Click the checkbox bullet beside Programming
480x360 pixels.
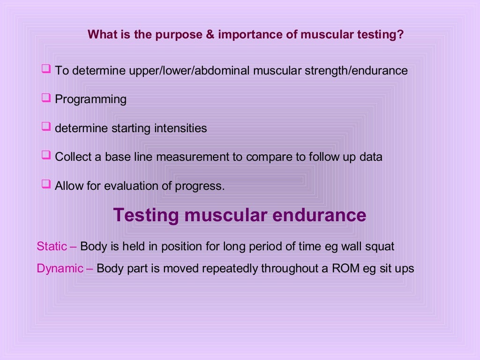[x=45, y=98]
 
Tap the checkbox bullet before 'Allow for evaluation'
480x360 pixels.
[x=45, y=184]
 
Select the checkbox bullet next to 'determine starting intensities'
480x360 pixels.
[x=45, y=127]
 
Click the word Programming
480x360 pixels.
[x=90, y=99]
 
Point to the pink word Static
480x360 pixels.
[x=52, y=246]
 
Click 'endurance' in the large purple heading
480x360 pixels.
[x=319, y=215]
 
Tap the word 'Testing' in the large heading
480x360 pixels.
[x=146, y=215]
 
